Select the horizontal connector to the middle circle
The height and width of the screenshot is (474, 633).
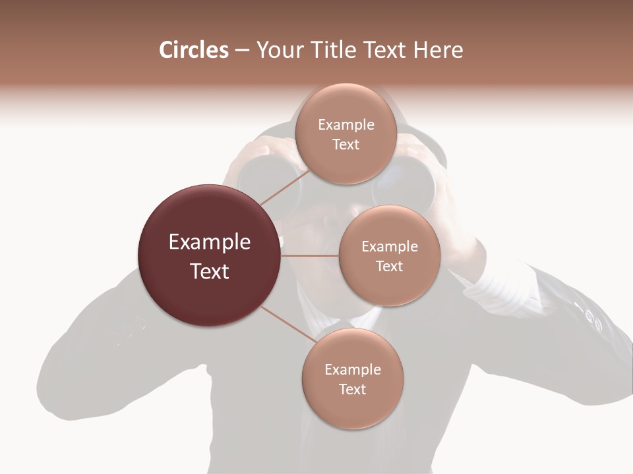(x=310, y=255)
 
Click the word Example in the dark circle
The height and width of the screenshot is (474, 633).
(x=209, y=242)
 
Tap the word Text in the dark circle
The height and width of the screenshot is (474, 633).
(x=209, y=271)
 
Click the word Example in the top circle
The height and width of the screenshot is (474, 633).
(x=346, y=125)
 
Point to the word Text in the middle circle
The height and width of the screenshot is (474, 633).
(x=389, y=266)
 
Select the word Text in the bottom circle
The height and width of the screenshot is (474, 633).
(x=352, y=389)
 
